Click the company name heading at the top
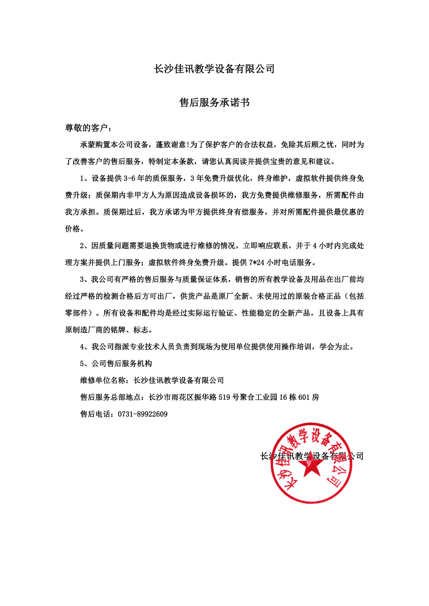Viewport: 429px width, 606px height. pos(214,69)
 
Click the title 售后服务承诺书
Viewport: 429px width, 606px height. pos(214,102)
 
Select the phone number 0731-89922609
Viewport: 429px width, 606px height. pos(143,414)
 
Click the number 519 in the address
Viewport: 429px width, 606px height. pos(224,397)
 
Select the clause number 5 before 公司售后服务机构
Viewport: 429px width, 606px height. pos(82,364)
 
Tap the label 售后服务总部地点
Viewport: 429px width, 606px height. pos(110,397)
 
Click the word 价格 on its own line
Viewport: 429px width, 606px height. pos(72,229)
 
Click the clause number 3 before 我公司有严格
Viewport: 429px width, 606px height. pos(82,280)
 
